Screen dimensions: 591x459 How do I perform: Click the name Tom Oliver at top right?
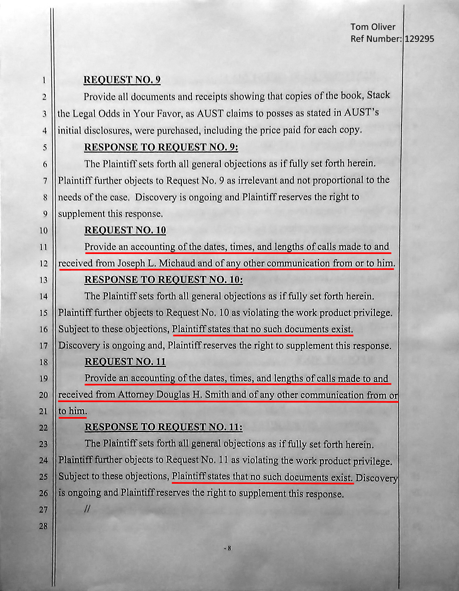pos(373,27)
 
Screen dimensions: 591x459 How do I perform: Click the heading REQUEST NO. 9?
pos(122,80)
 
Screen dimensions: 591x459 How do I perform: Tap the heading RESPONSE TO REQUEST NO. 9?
pos(161,147)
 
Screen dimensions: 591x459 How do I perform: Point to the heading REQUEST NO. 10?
pos(125,230)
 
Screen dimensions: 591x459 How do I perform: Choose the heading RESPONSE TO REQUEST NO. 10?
pos(164,280)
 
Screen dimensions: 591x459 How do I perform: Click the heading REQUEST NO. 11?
pos(125,361)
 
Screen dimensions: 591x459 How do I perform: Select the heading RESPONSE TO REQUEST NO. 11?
pos(164,427)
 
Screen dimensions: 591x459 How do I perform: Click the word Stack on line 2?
pos(378,95)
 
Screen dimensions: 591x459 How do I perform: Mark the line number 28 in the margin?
pos(44,526)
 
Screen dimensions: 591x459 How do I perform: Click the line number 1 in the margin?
pos(44,80)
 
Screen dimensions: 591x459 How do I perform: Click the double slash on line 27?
pos(87,509)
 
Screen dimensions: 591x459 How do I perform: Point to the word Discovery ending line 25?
pos(377,478)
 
